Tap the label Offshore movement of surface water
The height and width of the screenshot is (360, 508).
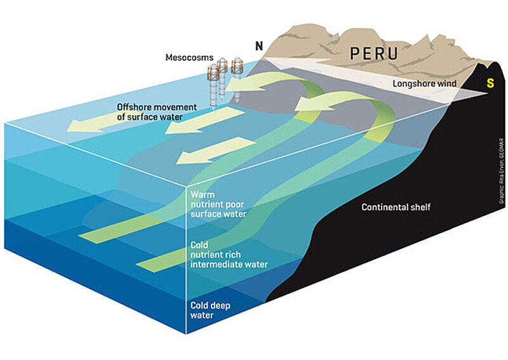coord(150,112)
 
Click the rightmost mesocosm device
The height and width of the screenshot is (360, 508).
coord(238,79)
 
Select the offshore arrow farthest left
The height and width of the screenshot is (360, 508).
coord(105,126)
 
